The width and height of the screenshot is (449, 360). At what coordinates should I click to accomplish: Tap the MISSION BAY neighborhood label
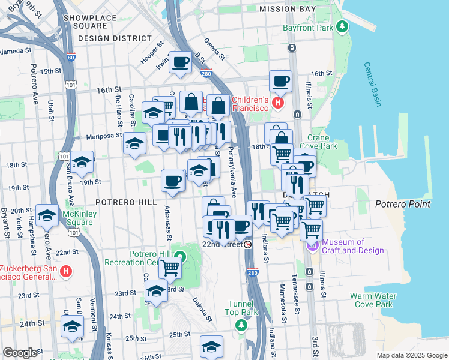(287, 9)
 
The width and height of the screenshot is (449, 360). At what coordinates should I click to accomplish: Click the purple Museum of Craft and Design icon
(312, 245)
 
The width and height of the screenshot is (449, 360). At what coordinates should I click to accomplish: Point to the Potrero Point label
(403, 204)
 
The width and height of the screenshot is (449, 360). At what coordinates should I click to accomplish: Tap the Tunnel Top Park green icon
(241, 325)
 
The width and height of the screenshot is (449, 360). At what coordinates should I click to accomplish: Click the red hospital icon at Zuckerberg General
(66, 271)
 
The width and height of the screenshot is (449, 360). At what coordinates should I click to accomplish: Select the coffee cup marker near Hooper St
(179, 62)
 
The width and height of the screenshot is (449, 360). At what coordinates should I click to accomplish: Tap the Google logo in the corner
(20, 353)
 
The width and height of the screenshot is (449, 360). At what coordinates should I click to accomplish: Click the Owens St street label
(214, 50)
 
